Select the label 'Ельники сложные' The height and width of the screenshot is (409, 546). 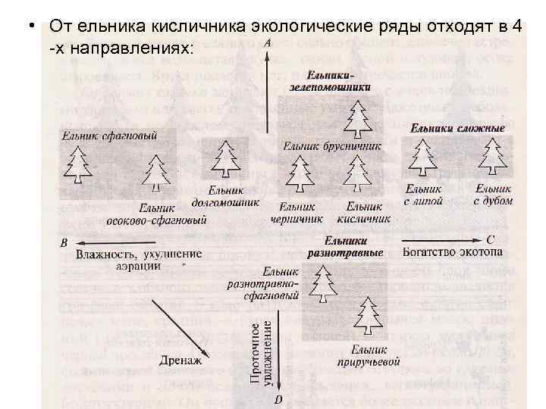point(457,129)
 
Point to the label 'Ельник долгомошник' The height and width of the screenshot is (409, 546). point(231,198)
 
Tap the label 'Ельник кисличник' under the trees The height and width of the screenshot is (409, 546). point(368,213)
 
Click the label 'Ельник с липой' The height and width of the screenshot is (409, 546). point(423,195)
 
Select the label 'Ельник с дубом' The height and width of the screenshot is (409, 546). point(494,195)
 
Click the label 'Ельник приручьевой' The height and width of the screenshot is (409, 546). point(369,356)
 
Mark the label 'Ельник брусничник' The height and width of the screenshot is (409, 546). point(330,145)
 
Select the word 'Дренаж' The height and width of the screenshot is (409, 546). point(181,361)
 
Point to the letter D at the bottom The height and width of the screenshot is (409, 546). point(278,400)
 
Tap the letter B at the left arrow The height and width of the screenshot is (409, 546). point(63,243)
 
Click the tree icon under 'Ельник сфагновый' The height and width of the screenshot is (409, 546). point(77,164)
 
